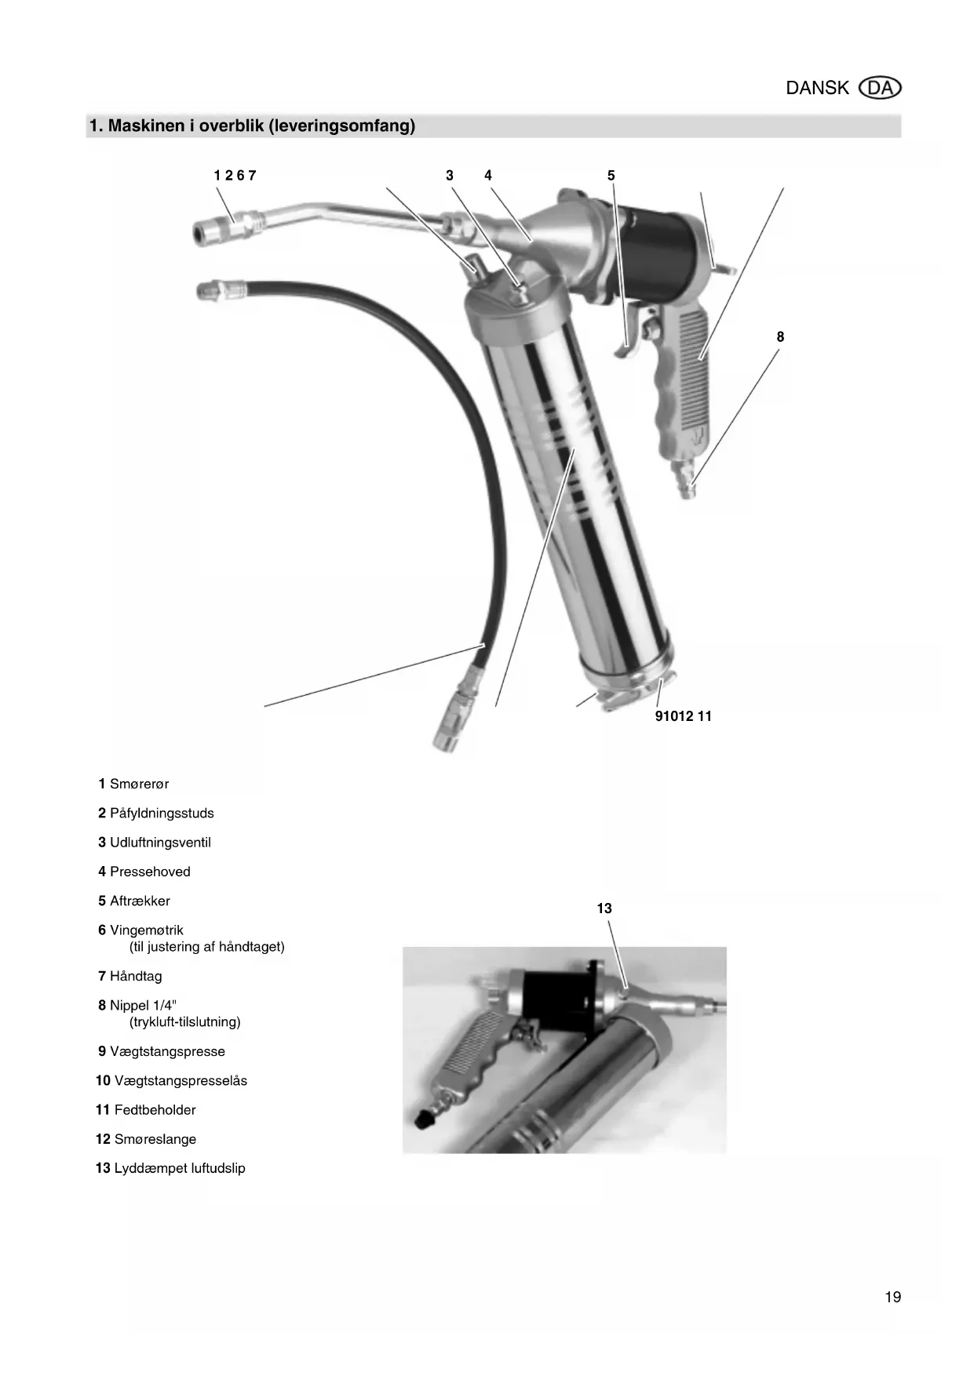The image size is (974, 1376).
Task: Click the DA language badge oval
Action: pyautogui.click(x=881, y=88)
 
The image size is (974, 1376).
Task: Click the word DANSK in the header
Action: pyautogui.click(x=817, y=88)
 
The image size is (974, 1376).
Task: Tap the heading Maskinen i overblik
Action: pyautogui.click(x=252, y=126)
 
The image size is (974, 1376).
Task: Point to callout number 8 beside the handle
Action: pyautogui.click(x=780, y=337)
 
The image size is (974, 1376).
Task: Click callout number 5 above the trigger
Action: pyautogui.click(x=611, y=176)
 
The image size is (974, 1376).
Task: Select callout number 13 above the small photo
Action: pyautogui.click(x=604, y=908)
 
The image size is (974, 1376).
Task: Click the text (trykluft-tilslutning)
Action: pyautogui.click(x=185, y=1022)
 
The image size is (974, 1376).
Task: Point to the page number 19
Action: pyautogui.click(x=893, y=1297)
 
